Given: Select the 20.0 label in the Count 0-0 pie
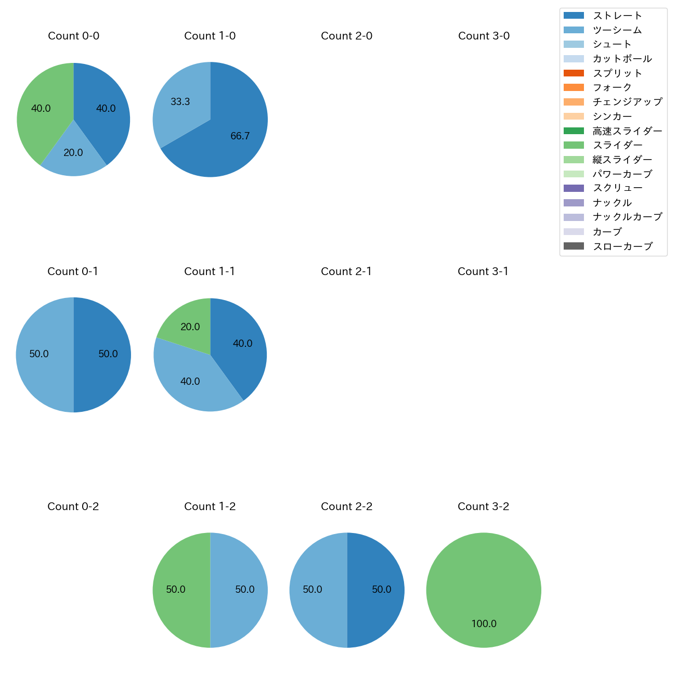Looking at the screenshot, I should (73, 153).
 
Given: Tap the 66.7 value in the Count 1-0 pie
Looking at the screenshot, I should (240, 136).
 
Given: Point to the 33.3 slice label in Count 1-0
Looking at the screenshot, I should (180, 102).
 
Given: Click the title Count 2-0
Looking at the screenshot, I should (346, 36).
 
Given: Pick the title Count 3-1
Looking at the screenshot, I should (483, 271).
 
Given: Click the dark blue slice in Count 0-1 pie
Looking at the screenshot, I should (104, 355).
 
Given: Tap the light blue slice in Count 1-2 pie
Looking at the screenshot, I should (239, 590).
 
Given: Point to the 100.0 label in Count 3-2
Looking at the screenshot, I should (484, 623).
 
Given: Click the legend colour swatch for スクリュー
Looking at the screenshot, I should (574, 188).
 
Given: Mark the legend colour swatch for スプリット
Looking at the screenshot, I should (574, 73).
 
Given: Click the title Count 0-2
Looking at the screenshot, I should (73, 506).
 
